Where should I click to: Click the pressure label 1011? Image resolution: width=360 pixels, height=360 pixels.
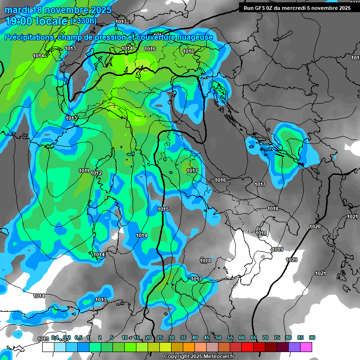84,171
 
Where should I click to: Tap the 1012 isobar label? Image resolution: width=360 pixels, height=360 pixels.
97,173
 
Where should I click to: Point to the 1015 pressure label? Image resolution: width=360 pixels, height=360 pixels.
163,209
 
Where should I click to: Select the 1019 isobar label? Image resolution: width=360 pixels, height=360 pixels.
277,249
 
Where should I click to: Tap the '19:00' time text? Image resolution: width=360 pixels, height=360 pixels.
20,21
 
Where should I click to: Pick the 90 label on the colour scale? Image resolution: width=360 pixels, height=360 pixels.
312,337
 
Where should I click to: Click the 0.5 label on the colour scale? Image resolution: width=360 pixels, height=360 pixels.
78,337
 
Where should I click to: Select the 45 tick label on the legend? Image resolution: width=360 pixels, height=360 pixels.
207,337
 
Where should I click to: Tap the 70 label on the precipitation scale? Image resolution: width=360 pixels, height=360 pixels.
265,337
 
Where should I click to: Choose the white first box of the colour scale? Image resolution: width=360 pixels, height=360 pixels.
48,347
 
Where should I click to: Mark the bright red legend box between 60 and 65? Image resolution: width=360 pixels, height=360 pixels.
247,347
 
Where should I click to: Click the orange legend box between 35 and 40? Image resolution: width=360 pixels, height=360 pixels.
189,347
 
